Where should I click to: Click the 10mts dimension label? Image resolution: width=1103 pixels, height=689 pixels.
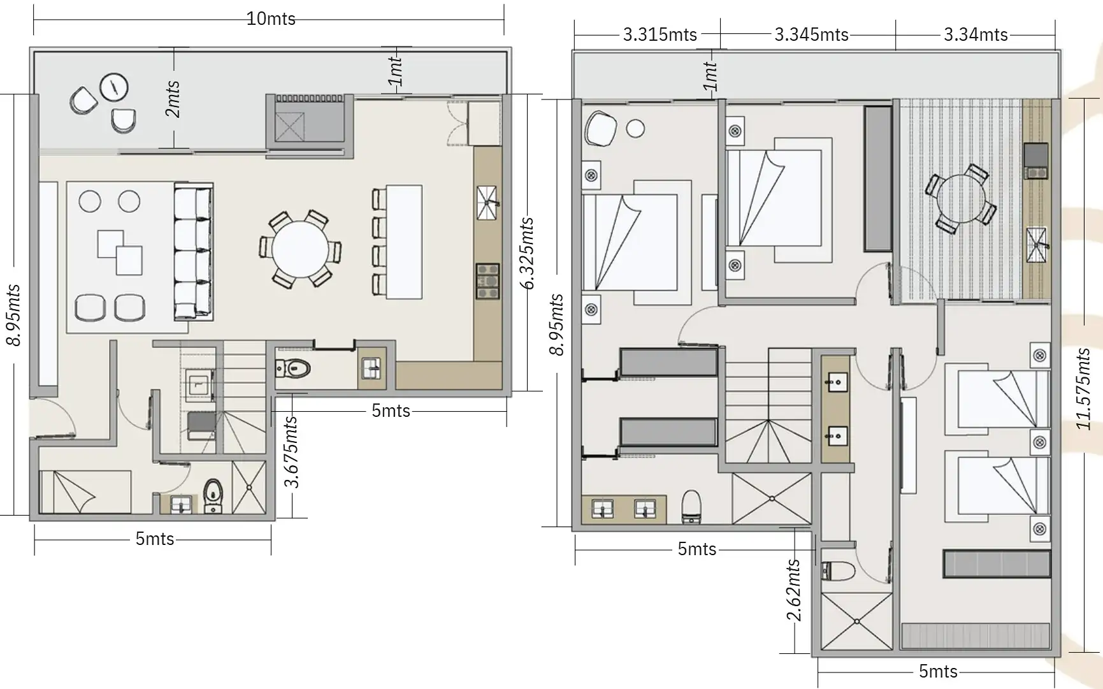pos(271,18)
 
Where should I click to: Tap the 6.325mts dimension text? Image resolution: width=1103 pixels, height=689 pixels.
pos(527,253)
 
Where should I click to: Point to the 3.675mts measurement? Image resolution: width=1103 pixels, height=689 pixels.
pos(291,451)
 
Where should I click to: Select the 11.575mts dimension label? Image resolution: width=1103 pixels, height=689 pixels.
pos(1084,388)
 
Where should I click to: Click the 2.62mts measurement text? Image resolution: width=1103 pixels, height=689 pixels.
pos(793,590)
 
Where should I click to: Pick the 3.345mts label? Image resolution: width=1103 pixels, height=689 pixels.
pos(811,34)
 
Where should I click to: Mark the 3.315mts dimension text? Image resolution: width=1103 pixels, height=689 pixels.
pos(660,34)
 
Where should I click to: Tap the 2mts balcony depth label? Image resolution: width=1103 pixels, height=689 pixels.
pos(173,99)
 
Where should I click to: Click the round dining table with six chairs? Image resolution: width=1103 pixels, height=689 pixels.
pos(300,249)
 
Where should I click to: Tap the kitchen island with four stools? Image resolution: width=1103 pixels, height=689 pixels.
pos(398,242)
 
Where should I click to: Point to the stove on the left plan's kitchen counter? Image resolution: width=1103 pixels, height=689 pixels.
pos(487,281)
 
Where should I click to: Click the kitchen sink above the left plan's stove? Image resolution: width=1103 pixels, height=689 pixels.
pos(487,203)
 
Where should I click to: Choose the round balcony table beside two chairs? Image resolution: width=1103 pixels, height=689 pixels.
pos(115,87)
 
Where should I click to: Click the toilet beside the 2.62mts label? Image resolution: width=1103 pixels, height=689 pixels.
pos(838,571)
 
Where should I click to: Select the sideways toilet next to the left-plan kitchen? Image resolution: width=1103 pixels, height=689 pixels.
pos(293,368)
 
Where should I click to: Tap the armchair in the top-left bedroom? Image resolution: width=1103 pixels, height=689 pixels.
pos(600,129)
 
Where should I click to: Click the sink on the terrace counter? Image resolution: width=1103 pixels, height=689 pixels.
pos(1037,245)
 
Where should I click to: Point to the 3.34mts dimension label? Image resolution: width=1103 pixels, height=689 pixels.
pos(975,34)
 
